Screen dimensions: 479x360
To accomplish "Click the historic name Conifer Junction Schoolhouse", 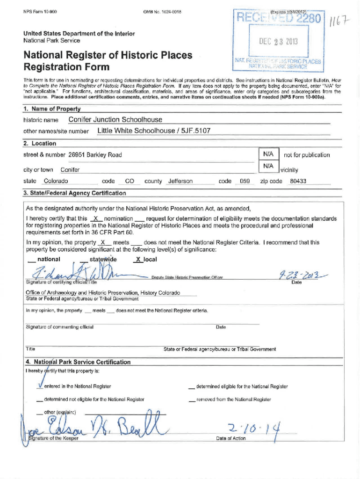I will [115, 120].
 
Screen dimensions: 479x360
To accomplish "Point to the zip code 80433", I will [298, 181].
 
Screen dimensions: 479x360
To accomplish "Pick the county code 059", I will [245, 181].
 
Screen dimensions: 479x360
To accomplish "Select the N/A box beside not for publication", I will [268, 154].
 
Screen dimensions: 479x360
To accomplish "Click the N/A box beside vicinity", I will [268, 166].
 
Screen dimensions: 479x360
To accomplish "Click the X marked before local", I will [137, 260].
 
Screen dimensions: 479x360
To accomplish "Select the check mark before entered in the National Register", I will [40, 385].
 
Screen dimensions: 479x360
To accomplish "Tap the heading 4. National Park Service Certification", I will [78, 362].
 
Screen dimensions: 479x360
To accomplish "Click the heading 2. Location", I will [40, 143].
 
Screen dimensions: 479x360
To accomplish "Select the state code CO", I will [130, 181].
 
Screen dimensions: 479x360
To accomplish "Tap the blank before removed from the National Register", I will [192, 399].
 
